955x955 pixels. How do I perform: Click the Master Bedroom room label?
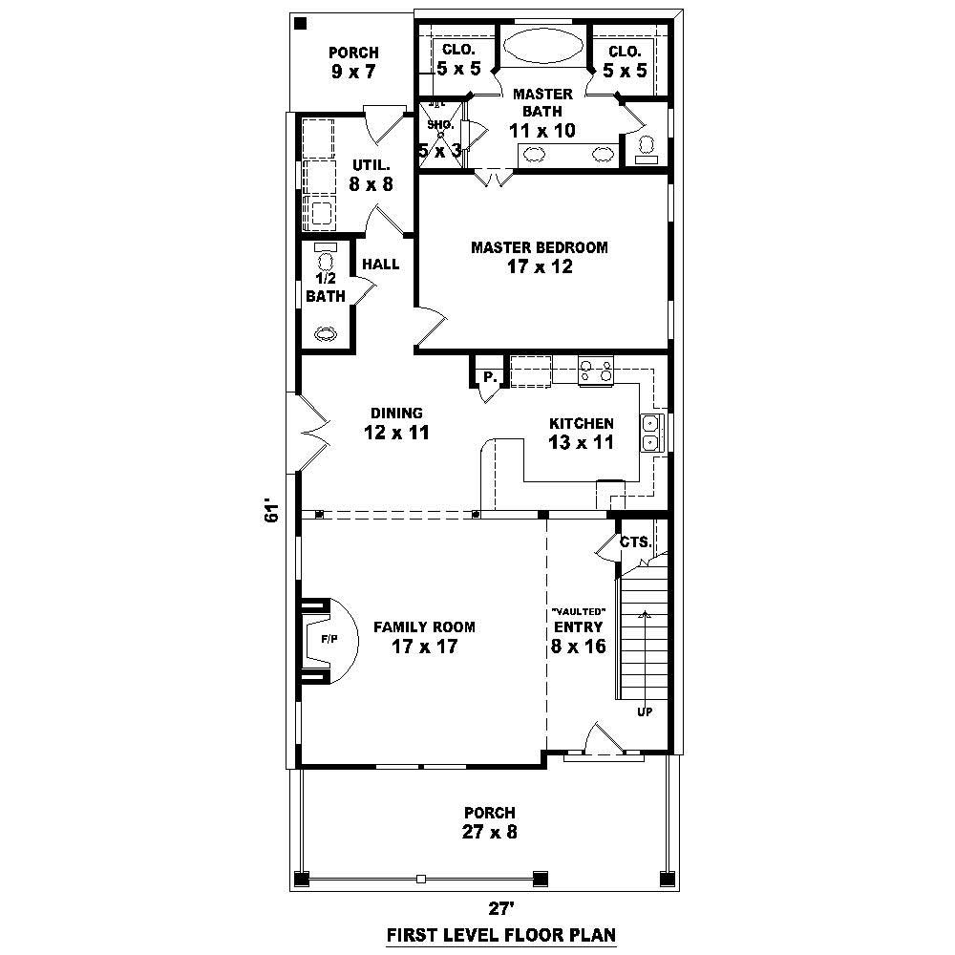tap(539, 247)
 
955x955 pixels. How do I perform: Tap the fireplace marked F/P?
tap(329, 640)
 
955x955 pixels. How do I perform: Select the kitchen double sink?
tap(650, 432)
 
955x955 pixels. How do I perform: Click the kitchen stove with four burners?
tap(596, 370)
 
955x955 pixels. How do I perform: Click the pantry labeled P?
tap(488, 377)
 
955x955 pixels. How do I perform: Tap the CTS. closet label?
tap(635, 541)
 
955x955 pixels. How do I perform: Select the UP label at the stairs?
tap(645, 711)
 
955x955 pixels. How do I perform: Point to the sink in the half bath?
tap(326, 334)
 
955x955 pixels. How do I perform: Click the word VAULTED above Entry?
tap(577, 610)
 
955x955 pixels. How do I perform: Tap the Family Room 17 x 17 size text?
tap(424, 647)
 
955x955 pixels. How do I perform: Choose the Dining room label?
tap(397, 414)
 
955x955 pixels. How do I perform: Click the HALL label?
tap(380, 265)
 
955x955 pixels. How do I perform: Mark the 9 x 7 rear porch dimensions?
tap(353, 72)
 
